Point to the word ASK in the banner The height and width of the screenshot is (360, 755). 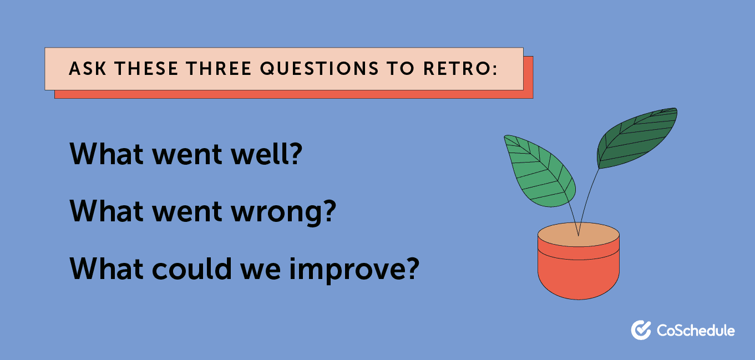tap(84, 69)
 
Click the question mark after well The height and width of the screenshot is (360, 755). tap(295, 154)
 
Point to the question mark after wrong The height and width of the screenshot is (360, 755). tap(329, 211)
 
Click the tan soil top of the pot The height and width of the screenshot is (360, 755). tap(578, 236)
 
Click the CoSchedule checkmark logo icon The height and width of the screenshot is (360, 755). tap(641, 330)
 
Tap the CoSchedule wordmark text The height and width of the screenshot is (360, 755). tap(696, 331)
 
